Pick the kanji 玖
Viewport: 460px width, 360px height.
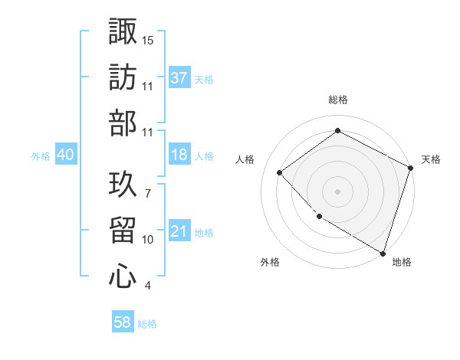point(123,184)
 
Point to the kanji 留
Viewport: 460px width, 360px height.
point(123,230)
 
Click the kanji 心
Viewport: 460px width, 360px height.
point(123,277)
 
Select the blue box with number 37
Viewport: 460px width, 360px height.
point(179,77)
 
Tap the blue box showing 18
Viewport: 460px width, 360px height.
point(179,155)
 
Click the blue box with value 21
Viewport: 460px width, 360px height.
point(179,231)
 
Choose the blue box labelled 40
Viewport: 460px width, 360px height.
point(66,155)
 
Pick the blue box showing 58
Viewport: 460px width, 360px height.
point(123,323)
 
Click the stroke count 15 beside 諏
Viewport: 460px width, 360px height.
point(148,40)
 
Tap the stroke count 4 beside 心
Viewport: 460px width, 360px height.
point(147,286)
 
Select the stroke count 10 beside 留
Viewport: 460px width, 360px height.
point(148,240)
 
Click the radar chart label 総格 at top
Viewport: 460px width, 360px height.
point(338,100)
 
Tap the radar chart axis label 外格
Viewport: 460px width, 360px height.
point(270,262)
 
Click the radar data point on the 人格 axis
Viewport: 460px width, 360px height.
point(281,173)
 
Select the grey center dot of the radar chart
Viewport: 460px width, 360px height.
point(338,191)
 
